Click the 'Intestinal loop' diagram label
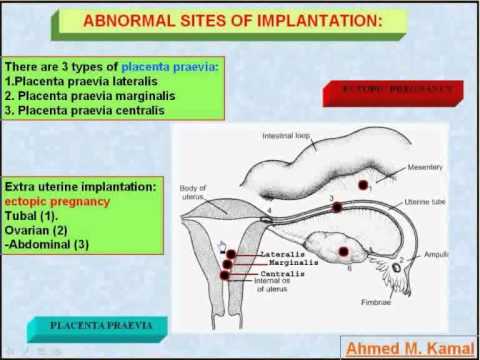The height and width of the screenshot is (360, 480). [292, 135]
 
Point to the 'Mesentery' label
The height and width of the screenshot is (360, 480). [426, 167]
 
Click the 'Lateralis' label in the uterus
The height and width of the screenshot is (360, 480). [261, 254]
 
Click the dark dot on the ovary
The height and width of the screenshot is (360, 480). [344, 252]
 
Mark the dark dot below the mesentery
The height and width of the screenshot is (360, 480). [363, 184]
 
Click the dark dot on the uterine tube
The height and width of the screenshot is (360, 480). [337, 207]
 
